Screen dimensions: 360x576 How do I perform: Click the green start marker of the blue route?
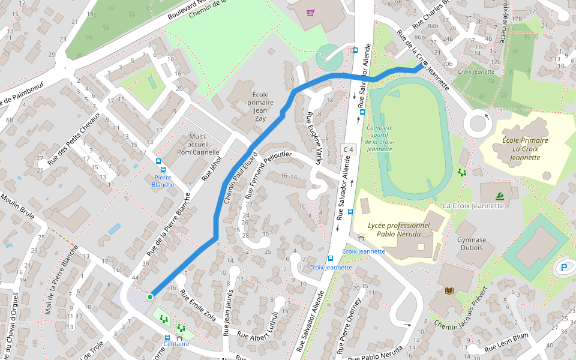click(150, 296)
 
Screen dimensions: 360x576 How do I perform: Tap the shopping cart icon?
click(310, 13)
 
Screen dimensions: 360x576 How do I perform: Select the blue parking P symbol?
click(564, 268)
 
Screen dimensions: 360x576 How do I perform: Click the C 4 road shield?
click(348, 149)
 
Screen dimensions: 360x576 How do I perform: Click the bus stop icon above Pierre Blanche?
click(159, 161)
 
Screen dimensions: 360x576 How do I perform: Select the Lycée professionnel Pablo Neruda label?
click(399, 230)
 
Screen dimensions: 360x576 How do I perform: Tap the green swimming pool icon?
click(499, 196)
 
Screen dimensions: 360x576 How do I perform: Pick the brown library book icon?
click(449, 291)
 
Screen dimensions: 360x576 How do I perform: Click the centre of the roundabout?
click(478, 124)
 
